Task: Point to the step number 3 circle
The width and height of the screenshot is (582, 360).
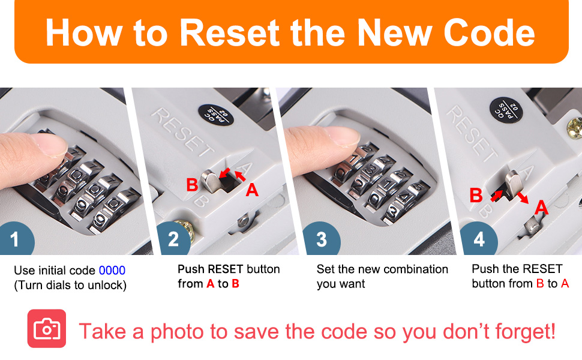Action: tap(322, 239)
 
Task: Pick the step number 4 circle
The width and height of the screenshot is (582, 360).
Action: tap(479, 239)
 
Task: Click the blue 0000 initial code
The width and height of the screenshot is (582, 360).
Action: tap(112, 270)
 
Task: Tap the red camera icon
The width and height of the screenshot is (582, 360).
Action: tap(47, 328)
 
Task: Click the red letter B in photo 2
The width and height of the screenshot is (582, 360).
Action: tap(192, 184)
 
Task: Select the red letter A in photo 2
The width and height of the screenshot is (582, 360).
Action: tap(252, 190)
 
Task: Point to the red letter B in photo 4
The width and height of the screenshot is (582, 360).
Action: tap(476, 195)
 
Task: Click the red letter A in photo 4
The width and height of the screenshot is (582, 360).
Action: tap(542, 207)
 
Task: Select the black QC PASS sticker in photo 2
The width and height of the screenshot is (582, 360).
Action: tap(215, 115)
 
